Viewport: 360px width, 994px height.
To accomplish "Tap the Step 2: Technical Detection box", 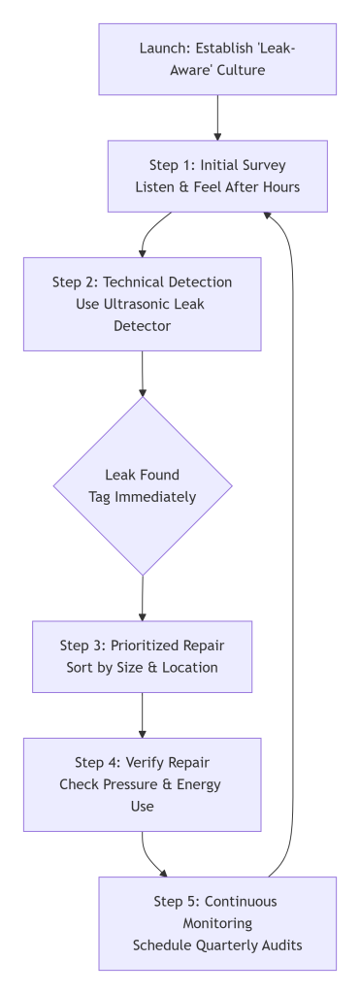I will click(x=143, y=303).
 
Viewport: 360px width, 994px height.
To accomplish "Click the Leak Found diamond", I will click(x=143, y=485).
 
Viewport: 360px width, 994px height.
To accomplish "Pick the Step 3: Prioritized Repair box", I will click(x=143, y=656).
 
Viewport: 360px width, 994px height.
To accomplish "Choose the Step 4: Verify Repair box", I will click(x=143, y=784).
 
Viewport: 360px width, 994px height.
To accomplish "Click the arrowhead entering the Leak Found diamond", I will click(x=143, y=389).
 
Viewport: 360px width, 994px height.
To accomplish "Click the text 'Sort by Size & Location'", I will click(x=143, y=668).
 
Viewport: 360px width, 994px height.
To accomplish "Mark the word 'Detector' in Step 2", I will click(x=143, y=326).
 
